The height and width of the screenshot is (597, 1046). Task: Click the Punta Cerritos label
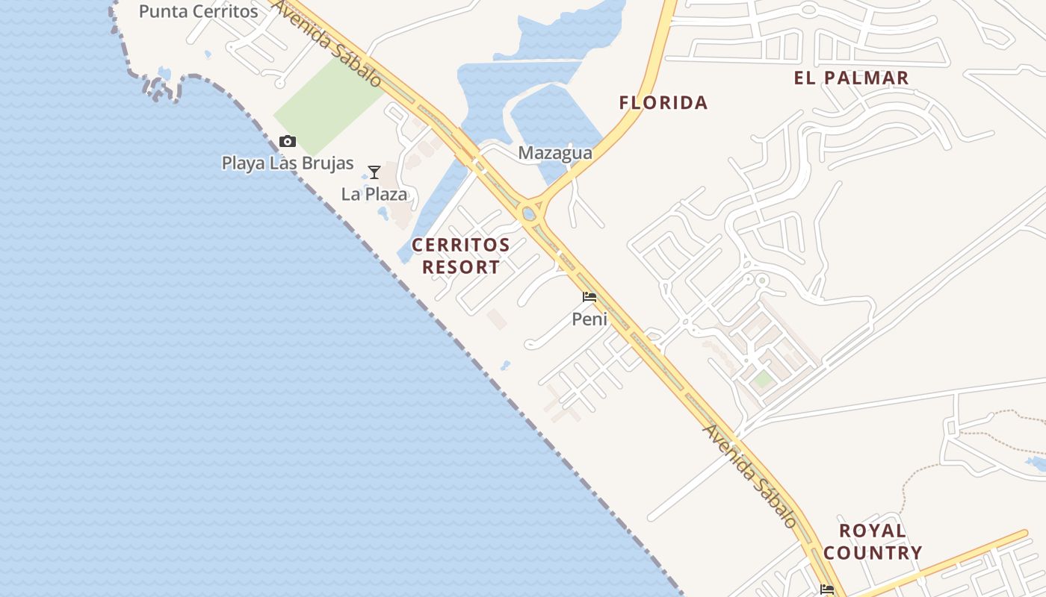[x=198, y=11]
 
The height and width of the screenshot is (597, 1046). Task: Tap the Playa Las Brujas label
[x=288, y=162]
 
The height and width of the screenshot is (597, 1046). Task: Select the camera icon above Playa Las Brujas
[x=287, y=141]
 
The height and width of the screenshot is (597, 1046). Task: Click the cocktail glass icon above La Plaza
[x=374, y=172]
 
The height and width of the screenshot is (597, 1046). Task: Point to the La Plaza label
[x=374, y=194]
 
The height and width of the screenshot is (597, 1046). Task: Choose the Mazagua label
[x=555, y=153]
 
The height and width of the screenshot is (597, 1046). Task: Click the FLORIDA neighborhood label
[x=663, y=103]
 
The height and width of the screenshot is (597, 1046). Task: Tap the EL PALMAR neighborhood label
[x=852, y=78]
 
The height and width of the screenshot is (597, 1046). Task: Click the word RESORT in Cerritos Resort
[x=461, y=267]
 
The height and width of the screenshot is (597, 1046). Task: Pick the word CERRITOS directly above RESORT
[x=461, y=245]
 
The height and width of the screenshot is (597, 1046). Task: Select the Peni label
[x=589, y=319]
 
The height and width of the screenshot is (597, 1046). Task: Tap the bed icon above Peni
[x=589, y=297]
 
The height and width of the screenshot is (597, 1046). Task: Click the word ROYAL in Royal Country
[x=873, y=531]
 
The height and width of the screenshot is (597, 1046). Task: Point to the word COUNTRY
[x=873, y=553]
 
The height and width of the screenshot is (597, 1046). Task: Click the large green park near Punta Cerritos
[x=329, y=104]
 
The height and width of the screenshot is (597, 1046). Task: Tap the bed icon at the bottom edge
[x=827, y=590]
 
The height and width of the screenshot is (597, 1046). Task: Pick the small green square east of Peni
[x=762, y=380]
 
